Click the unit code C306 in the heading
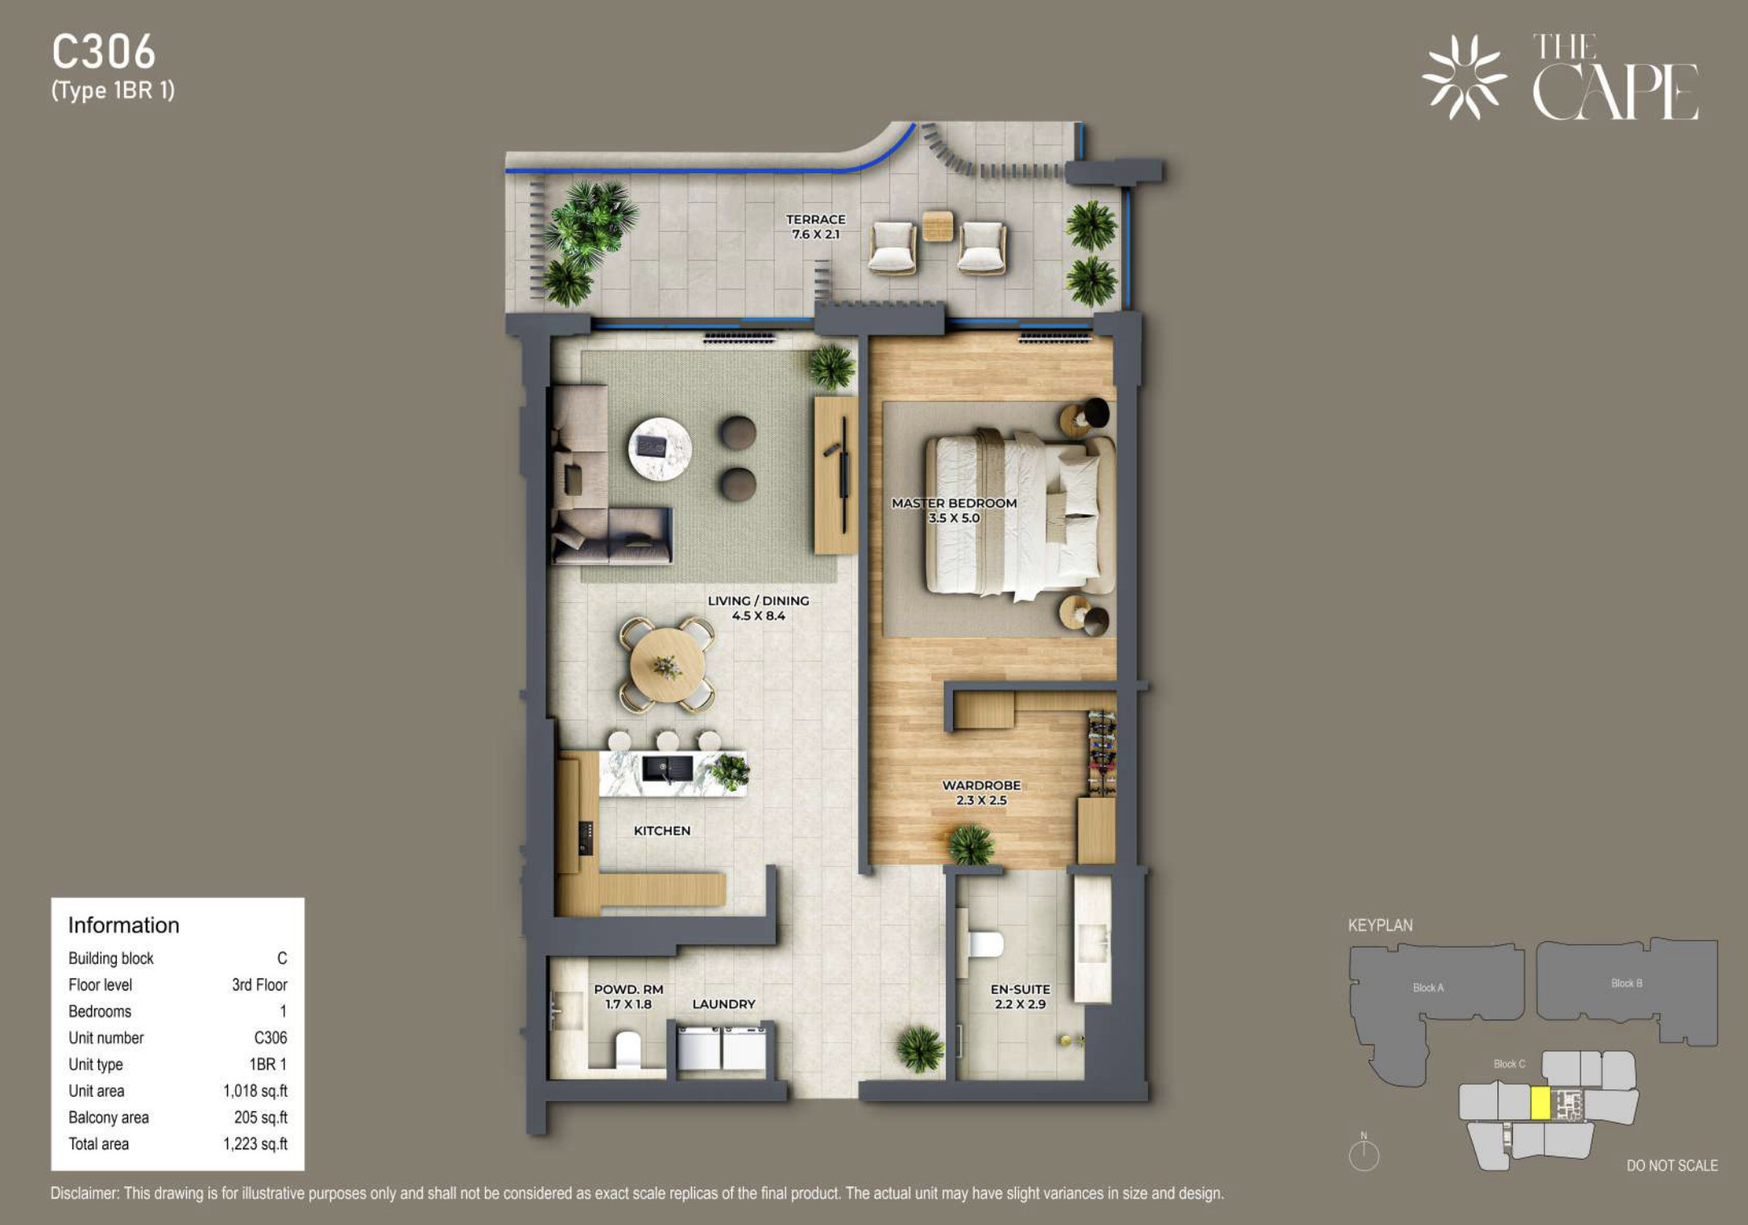103,52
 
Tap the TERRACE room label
816,219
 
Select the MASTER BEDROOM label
954,503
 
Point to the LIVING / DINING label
758,600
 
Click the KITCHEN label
662,831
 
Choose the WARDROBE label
981,785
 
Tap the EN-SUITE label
1020,989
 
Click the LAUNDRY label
723,1004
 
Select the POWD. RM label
628,989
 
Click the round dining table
667,666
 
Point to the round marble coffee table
660,449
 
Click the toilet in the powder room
627,1051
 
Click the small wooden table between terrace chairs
938,226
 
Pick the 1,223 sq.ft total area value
255,1144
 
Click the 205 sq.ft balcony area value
261,1117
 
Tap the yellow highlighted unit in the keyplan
1539,1103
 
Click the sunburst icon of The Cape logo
1464,77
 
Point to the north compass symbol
1364,1154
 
